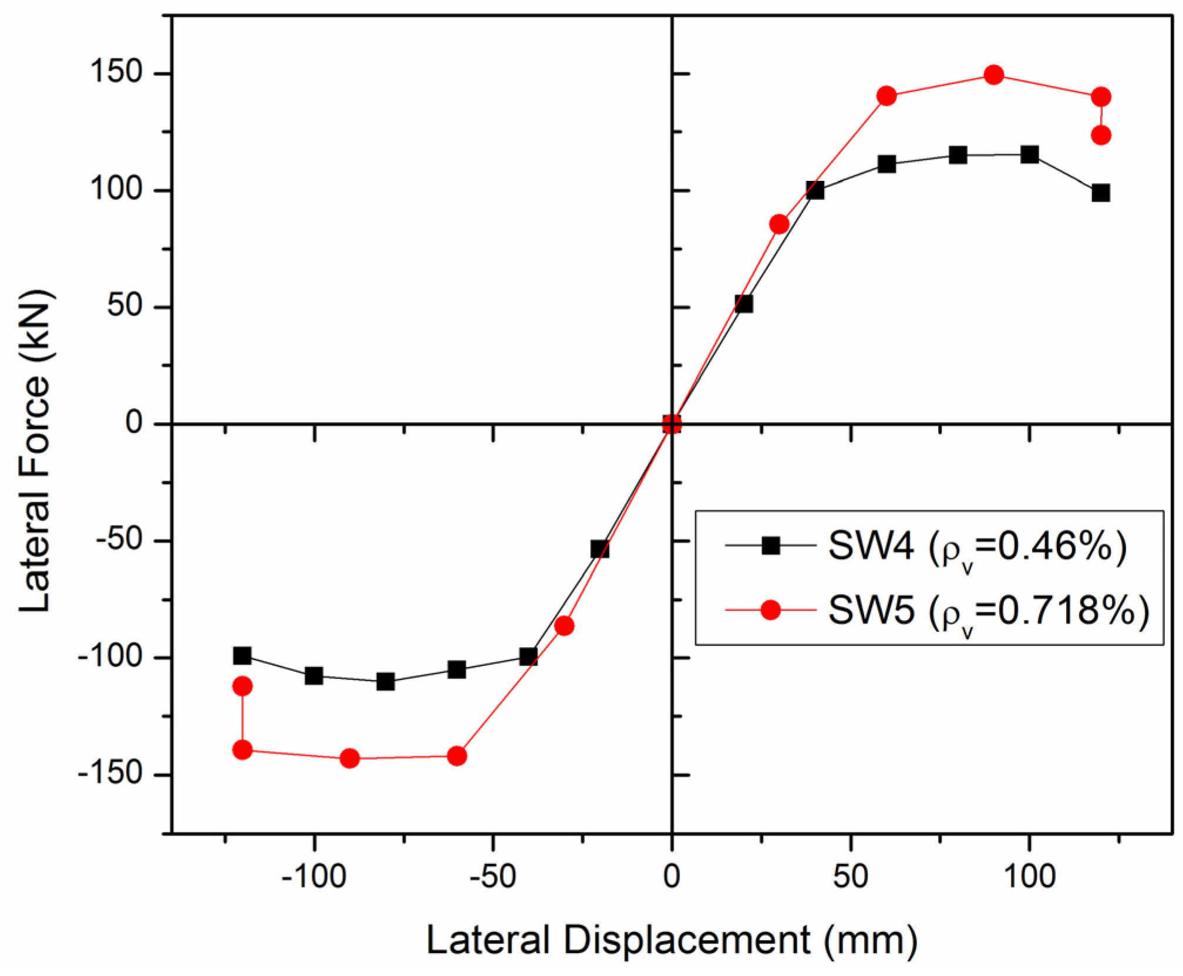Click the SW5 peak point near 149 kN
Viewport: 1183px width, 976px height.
point(993,75)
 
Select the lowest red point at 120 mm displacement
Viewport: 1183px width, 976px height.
point(1101,135)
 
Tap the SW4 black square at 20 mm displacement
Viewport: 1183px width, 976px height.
point(743,304)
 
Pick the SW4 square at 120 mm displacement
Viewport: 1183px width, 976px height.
point(1101,193)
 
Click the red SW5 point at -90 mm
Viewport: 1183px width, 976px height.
point(350,759)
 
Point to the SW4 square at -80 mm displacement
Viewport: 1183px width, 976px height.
point(386,682)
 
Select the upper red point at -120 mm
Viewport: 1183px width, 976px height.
point(242,686)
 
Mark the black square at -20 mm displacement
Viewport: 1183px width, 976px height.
point(600,549)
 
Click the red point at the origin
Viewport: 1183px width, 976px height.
point(672,424)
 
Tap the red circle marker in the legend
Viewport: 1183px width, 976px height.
point(770,610)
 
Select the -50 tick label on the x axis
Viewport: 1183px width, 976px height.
point(493,877)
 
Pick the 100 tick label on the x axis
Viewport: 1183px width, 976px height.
point(1029,877)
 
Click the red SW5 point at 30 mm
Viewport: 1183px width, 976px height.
point(779,224)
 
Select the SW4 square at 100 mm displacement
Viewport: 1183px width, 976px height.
point(1029,155)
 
